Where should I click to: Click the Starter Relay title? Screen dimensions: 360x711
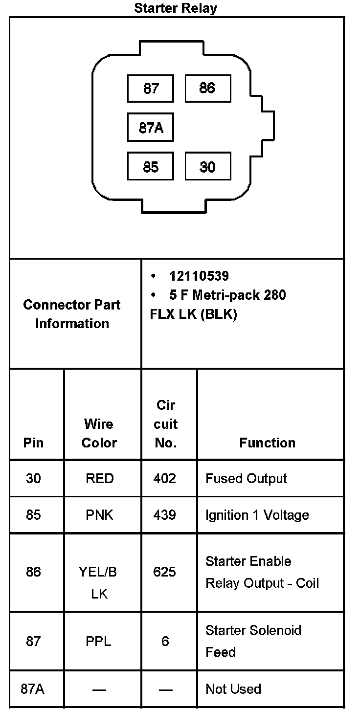pos(176,8)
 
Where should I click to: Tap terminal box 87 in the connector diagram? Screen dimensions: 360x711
pos(151,88)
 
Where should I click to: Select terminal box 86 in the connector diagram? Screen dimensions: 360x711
pos(207,88)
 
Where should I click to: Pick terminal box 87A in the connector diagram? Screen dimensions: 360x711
pos(151,128)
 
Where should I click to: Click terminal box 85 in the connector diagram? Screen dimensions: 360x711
pos(151,167)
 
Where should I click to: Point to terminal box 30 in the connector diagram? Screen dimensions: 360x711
pos(207,167)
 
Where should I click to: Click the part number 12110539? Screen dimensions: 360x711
pos(199,276)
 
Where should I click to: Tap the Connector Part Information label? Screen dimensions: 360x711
pos(72,314)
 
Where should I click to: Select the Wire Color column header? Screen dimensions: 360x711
pos(99,433)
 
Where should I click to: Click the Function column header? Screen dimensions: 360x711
pos(268,443)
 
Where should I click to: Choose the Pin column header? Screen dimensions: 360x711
pos(33,443)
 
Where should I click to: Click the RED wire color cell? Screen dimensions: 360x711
pos(99,478)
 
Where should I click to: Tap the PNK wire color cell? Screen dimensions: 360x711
pos(99,515)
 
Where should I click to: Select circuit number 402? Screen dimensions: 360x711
pos(165,478)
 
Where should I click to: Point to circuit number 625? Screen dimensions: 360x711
pos(165,572)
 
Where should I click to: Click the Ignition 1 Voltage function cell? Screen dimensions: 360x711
pos(257,515)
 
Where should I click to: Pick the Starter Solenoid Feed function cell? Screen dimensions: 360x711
pos(253,641)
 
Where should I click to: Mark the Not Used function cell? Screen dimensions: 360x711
pos(233,689)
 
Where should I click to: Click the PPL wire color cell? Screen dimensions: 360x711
pos(99,641)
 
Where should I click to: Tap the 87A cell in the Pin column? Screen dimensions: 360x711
pos(33,689)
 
